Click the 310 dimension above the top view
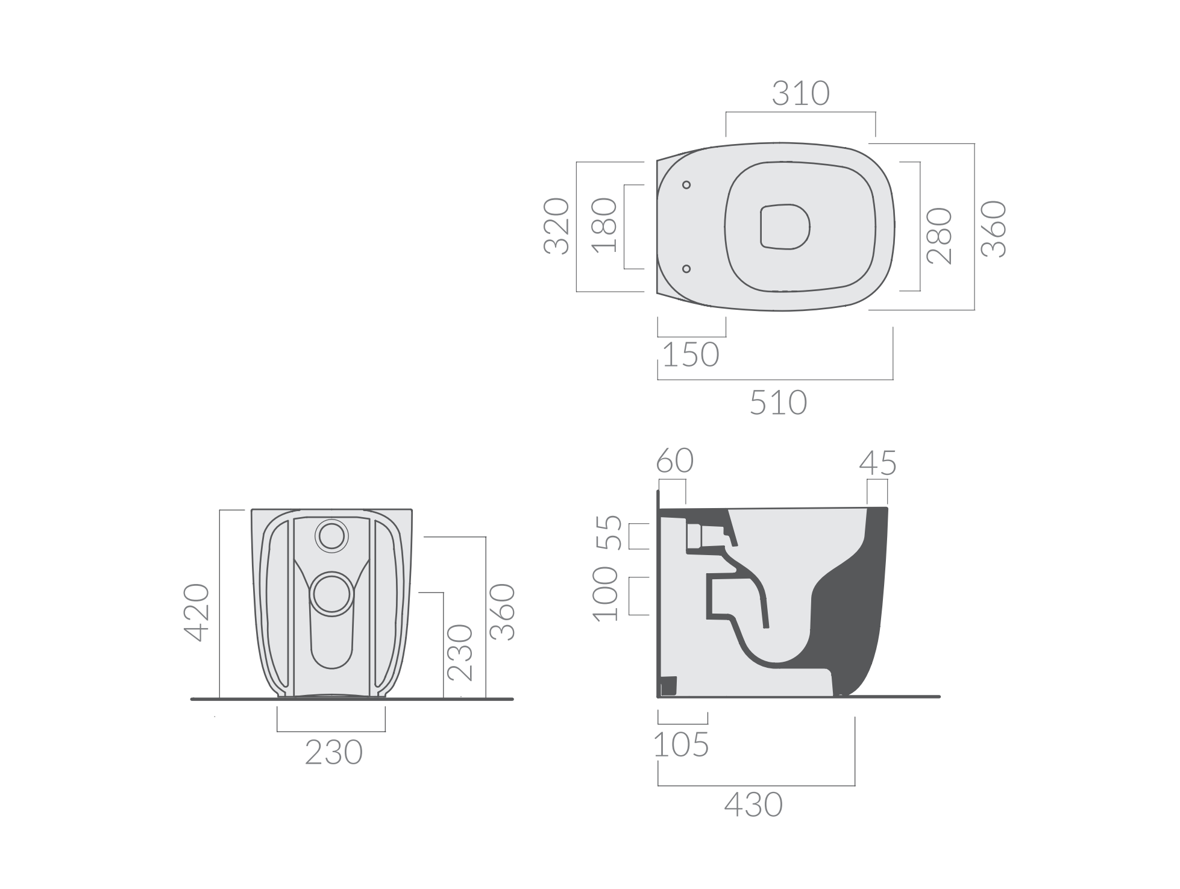(801, 94)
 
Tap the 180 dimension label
(604, 226)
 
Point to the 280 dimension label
(939, 236)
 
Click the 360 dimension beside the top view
(994, 229)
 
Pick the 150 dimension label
(691, 355)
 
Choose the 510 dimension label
(778, 403)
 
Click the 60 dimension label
(675, 461)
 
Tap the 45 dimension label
(877, 463)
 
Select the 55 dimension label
(609, 533)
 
